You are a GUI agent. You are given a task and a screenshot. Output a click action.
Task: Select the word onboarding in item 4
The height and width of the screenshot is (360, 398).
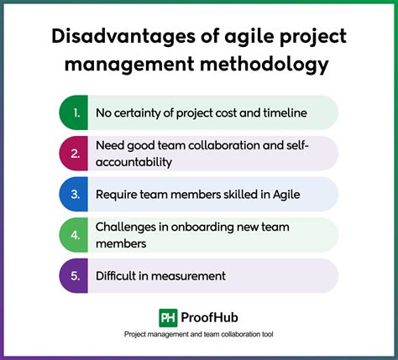(216, 227)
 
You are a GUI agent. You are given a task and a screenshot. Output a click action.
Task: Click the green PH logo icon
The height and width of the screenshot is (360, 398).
(167, 317)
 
